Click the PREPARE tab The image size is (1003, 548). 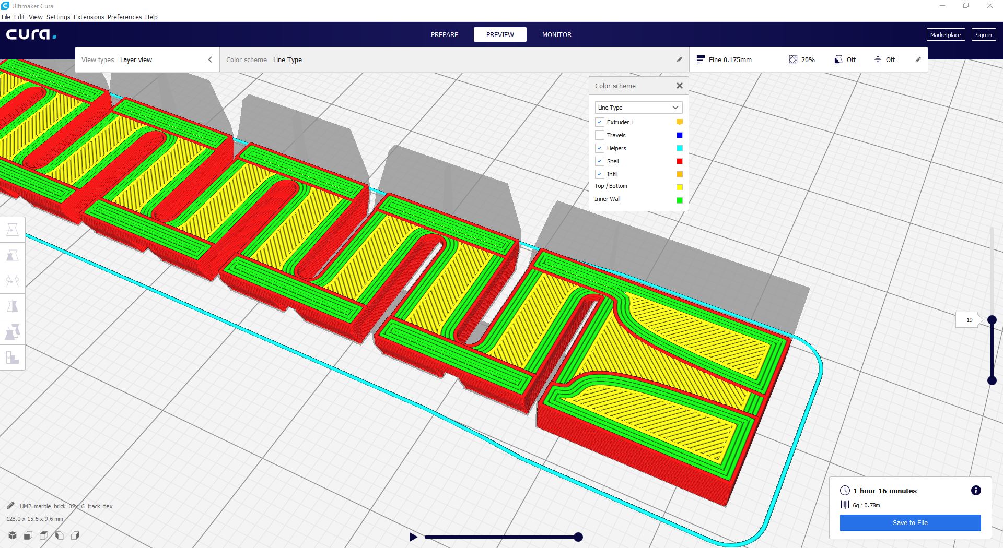tap(444, 35)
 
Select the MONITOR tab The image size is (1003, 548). tap(557, 35)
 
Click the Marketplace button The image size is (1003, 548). tap(946, 35)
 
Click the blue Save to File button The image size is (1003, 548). tap(910, 522)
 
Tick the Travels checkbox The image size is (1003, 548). tap(600, 135)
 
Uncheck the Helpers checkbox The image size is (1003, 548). tap(600, 148)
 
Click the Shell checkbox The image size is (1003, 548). tap(600, 161)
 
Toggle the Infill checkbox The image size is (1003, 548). tap(600, 174)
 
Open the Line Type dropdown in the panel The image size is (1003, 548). tap(638, 108)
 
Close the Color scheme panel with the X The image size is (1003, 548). tap(680, 86)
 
